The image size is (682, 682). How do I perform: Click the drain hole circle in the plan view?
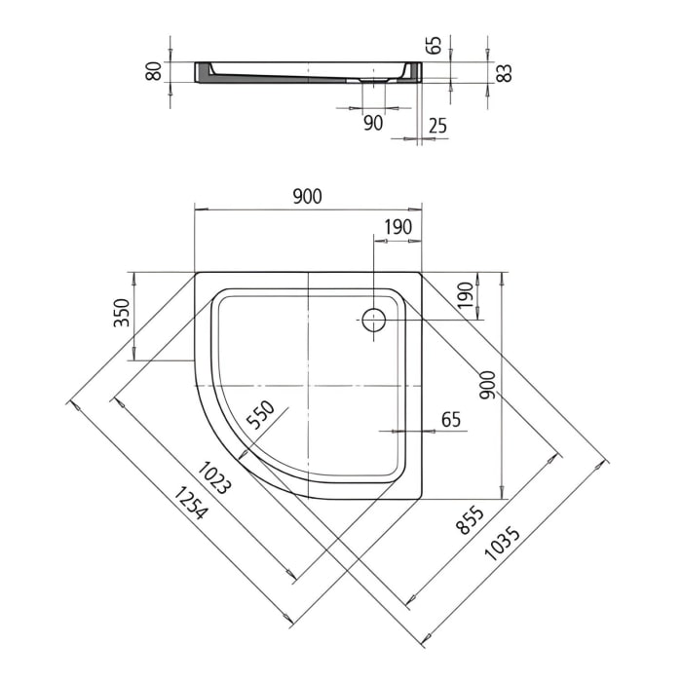(x=373, y=319)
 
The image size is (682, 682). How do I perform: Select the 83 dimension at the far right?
(x=503, y=72)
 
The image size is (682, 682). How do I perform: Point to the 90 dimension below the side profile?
(x=372, y=123)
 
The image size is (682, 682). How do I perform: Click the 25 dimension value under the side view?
(x=437, y=125)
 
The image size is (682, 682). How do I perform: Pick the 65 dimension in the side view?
(x=435, y=45)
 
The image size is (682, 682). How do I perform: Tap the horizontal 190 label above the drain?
(x=398, y=227)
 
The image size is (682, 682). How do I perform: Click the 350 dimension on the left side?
(x=122, y=314)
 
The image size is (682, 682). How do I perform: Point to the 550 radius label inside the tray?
(x=262, y=417)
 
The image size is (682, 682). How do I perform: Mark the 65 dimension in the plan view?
(x=451, y=420)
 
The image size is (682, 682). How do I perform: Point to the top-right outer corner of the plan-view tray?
(x=422, y=273)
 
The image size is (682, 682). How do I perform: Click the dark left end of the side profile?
(x=204, y=73)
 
